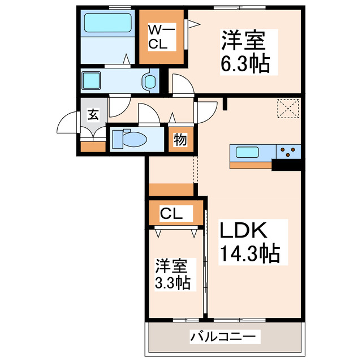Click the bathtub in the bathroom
tap(107, 24)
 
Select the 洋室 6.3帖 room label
tap(244, 51)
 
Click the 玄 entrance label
tap(92, 115)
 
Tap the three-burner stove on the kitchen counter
tap(288, 152)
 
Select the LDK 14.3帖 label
tap(249, 242)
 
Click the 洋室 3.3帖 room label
tap(173, 274)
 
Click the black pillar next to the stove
tap(287, 165)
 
